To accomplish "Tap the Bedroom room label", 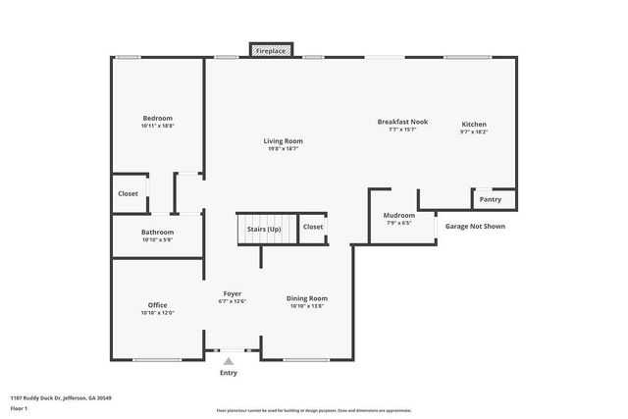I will (x=157, y=118).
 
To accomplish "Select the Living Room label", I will (x=283, y=141).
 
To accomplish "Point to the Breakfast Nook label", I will (x=403, y=122).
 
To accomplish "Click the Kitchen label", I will (x=474, y=124).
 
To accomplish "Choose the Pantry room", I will (x=491, y=199).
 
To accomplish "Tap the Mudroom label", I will (x=399, y=216).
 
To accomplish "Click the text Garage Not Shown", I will (x=476, y=226).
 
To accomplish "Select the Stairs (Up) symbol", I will (x=264, y=229).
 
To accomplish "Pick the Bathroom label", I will (x=157, y=232).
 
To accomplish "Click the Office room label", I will (x=157, y=304).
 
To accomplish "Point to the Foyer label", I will (x=233, y=293).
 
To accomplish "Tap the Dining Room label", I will (x=307, y=298).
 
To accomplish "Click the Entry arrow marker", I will (x=229, y=362).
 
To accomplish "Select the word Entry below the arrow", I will (x=229, y=373).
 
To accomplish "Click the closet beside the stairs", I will (x=313, y=227).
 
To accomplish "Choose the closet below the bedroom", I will (x=128, y=193).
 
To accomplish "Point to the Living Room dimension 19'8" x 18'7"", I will (x=283, y=149).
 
